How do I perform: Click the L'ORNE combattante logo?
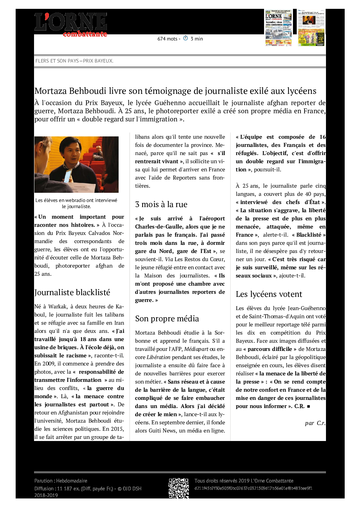tap(71, 24)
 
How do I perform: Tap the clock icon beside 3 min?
tap(185, 38)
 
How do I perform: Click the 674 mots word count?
tap(167, 39)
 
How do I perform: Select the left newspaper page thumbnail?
tap(278, 28)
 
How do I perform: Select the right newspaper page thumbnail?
tap(311, 28)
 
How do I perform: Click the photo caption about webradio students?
tap(76, 203)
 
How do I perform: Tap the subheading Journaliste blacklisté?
tap(72, 292)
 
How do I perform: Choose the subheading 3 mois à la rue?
tap(161, 204)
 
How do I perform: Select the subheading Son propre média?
tap(167, 319)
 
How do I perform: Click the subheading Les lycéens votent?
tap(269, 294)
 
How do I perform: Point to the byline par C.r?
tap(315, 423)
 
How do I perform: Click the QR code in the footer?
tap(179, 488)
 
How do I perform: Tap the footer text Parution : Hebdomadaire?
tap(61, 481)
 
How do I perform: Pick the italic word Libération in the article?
tap(158, 357)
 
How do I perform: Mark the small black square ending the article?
tap(308, 406)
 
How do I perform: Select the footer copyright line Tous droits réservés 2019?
tap(244, 481)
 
